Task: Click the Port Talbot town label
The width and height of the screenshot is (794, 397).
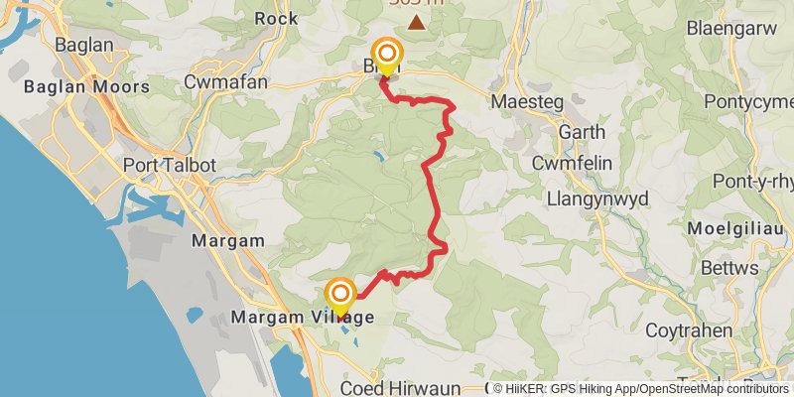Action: tap(162, 165)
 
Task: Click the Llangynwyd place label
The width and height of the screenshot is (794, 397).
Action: tap(597, 198)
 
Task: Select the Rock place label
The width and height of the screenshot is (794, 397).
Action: tap(276, 18)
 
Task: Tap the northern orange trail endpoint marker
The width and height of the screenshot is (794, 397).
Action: tap(386, 54)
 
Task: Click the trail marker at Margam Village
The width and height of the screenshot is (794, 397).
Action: tap(340, 294)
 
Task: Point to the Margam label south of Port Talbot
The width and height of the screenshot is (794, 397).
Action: tap(229, 241)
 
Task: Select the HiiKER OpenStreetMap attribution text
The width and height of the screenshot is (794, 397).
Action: tap(641, 389)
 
